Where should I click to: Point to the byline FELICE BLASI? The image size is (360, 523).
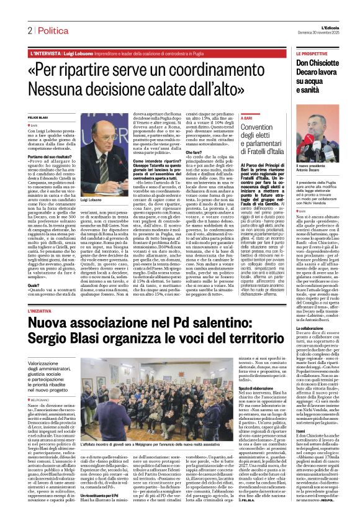(38, 117)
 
